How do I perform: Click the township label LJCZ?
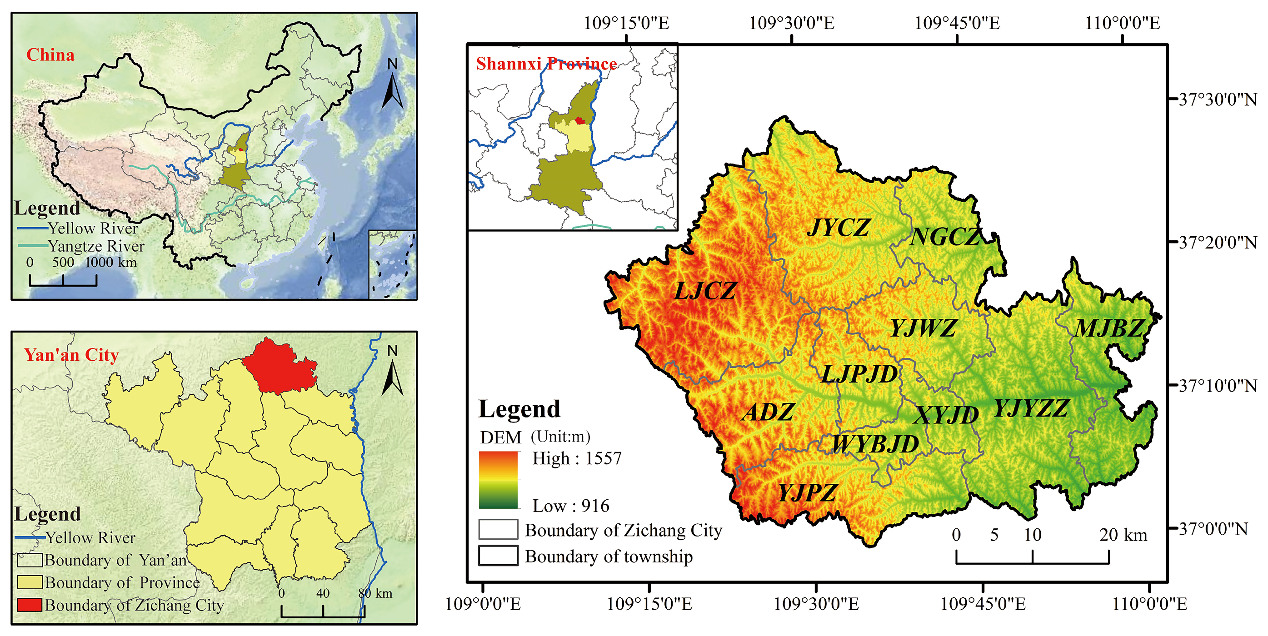[x=705, y=291]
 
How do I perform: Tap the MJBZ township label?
[x=1108, y=328]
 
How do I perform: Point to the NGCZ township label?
[x=945, y=237]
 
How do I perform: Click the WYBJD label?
[x=875, y=445]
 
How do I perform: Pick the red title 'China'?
[x=50, y=55]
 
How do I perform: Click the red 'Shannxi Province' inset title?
[x=546, y=64]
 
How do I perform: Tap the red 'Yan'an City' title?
[x=71, y=355]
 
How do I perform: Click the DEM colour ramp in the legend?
[x=498, y=480]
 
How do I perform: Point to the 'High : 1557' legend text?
[x=576, y=458]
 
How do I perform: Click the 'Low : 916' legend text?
[x=570, y=506]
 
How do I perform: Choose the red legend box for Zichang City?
[x=29, y=605]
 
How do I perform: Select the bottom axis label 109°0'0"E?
[x=482, y=604]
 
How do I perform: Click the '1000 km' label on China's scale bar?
[x=111, y=262]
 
